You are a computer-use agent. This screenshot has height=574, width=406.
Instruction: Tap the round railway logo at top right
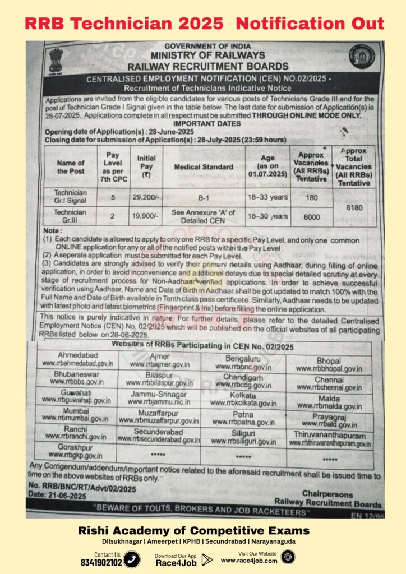point(360,56)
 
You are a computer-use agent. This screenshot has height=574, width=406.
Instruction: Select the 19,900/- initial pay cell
point(146,216)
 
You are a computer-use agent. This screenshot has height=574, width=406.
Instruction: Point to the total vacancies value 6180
point(354,207)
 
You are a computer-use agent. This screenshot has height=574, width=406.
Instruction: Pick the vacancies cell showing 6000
point(311,217)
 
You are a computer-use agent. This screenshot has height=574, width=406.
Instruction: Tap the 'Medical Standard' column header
point(204,167)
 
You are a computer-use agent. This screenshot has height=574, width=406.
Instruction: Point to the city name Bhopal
point(329,360)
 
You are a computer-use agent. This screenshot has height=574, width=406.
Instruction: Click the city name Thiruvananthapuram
point(330,435)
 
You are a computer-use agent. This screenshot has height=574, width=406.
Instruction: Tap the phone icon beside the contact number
point(132,559)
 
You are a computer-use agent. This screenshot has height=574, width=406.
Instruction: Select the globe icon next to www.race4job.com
point(287,557)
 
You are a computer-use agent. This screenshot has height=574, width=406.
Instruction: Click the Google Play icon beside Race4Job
point(207,559)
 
